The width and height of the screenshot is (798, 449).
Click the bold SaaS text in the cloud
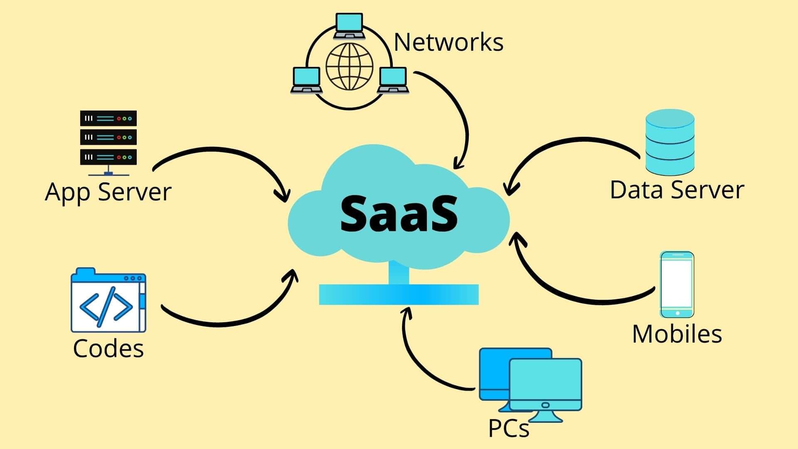399,214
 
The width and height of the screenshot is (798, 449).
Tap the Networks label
448,42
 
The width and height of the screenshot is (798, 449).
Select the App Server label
108,192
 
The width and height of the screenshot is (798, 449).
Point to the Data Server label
677,190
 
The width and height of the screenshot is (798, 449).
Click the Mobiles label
677,334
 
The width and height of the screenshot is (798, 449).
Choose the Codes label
108,348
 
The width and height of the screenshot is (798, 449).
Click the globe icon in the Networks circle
349,67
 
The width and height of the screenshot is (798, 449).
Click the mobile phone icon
677,284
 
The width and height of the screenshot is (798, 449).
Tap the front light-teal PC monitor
545,385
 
